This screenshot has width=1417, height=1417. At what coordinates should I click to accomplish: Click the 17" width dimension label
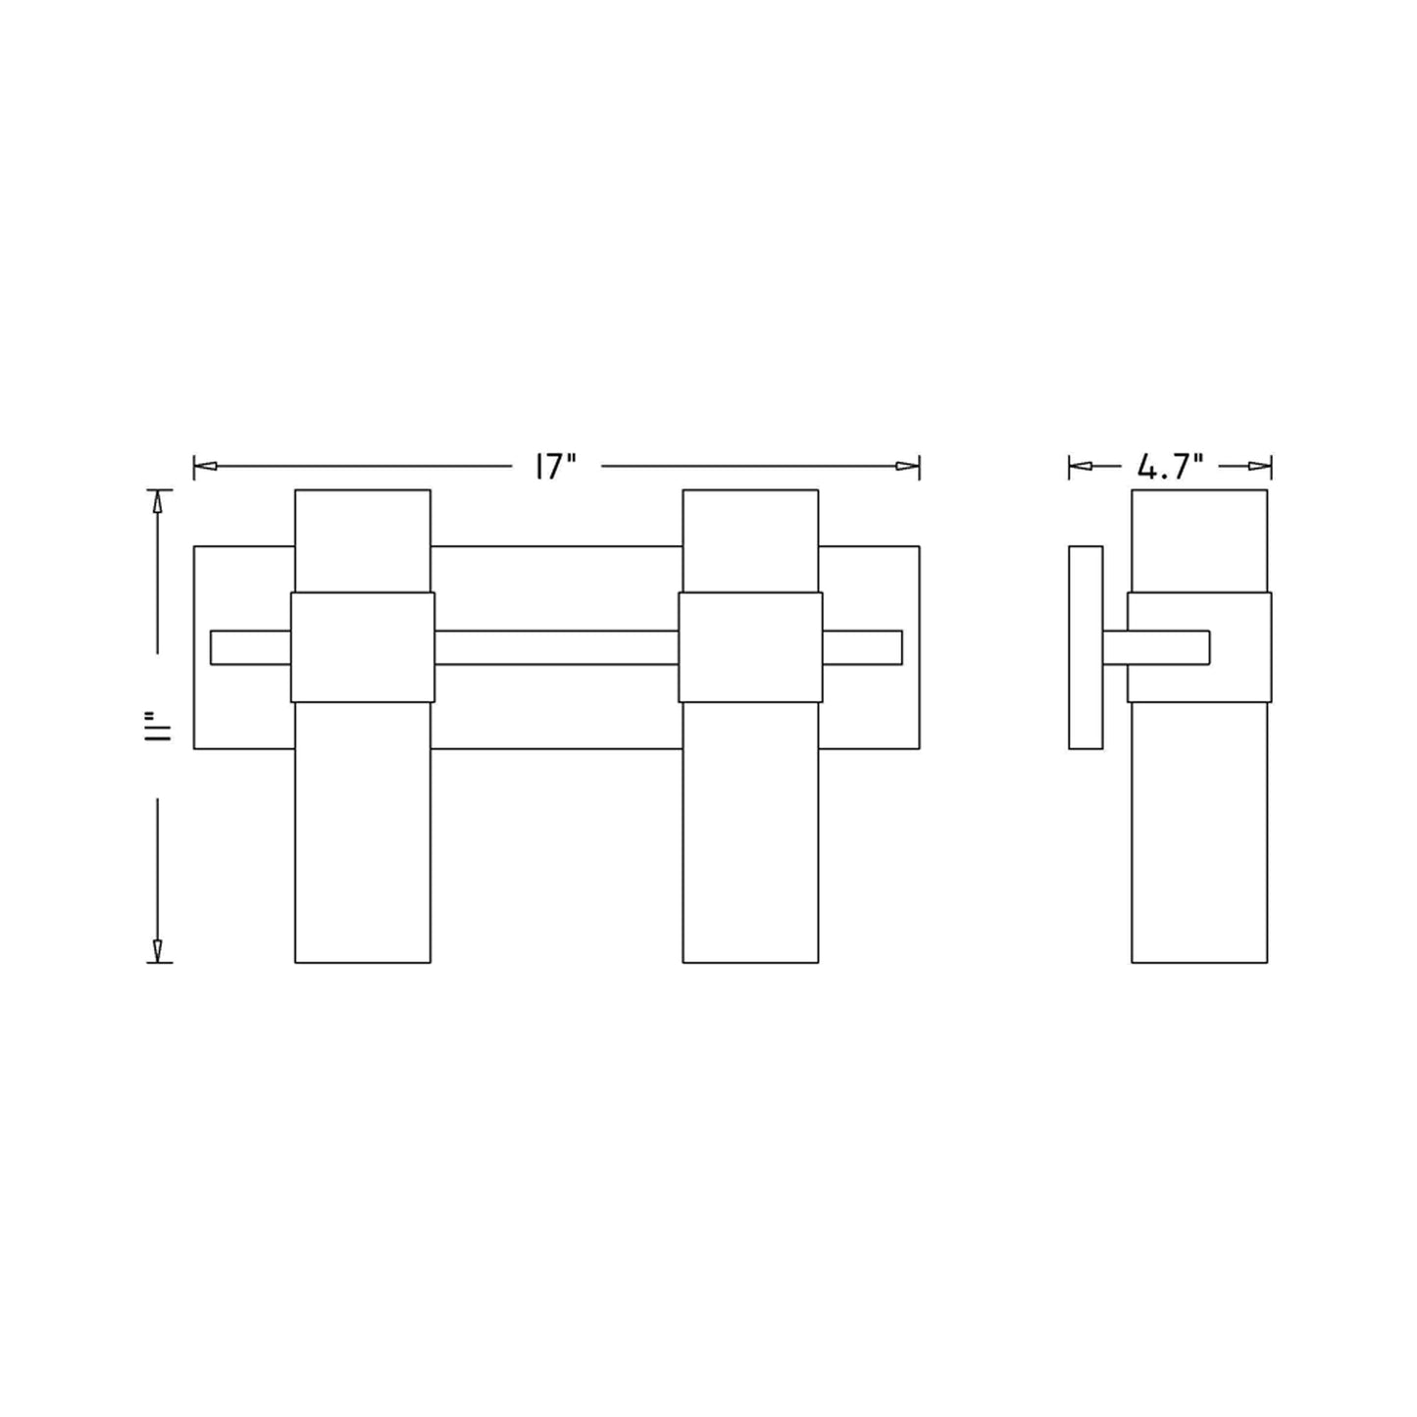tap(554, 467)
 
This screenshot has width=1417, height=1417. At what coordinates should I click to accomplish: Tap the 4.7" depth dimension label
tap(1170, 467)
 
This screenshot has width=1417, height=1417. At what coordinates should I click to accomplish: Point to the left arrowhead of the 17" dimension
tap(205, 466)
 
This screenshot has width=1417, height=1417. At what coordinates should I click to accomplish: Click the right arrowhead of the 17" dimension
tap(908, 466)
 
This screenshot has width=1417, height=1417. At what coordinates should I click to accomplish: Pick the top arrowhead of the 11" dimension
tap(157, 502)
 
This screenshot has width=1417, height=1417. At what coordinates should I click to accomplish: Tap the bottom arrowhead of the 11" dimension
tap(157, 949)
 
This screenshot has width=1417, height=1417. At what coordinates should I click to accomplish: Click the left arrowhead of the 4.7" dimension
tap(1080, 466)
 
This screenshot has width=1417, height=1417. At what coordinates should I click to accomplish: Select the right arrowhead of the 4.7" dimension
tap(1259, 466)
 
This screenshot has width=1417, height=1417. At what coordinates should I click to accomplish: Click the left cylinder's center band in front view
tap(363, 647)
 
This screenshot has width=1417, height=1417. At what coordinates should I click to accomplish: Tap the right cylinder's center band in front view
tap(750, 647)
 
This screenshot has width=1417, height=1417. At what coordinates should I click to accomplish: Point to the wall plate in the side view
tap(1086, 647)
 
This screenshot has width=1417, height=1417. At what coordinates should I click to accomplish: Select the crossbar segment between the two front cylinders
tap(556, 647)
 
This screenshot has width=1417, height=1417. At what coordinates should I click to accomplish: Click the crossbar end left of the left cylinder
tap(250, 647)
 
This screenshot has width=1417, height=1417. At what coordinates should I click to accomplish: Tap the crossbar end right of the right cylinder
tap(862, 647)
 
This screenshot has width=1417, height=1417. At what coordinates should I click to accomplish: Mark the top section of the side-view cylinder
tap(1199, 540)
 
